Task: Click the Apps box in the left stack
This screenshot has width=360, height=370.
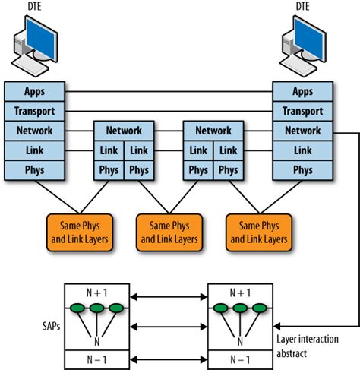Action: pos(34,91)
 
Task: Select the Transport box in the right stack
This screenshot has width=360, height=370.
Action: pos(302,111)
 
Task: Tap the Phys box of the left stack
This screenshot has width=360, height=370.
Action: pos(34,170)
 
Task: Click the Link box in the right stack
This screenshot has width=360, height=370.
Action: pos(302,150)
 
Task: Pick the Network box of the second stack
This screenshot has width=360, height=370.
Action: pos(124,131)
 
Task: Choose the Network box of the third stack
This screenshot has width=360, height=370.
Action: pos(213,131)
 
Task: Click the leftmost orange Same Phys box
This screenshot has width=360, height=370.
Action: pos(80,232)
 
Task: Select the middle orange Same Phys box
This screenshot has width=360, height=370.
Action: pos(169,232)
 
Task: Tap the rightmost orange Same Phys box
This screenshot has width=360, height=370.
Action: pos(259,232)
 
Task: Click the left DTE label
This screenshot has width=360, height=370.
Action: pos(34,6)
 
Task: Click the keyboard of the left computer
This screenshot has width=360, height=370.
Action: pos(30,66)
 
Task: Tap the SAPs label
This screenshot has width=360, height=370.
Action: pos(51,326)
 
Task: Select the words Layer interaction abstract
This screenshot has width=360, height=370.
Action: pos(308,346)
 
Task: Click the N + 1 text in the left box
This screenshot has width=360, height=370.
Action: pos(97,293)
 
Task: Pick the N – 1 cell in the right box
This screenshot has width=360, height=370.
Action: pos(240,359)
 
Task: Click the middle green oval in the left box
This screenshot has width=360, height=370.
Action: pos(97,308)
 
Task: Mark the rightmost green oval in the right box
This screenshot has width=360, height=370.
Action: pos(260,308)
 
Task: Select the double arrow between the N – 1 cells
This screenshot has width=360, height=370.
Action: pos(169,359)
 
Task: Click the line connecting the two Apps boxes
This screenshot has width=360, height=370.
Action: pos(169,91)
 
